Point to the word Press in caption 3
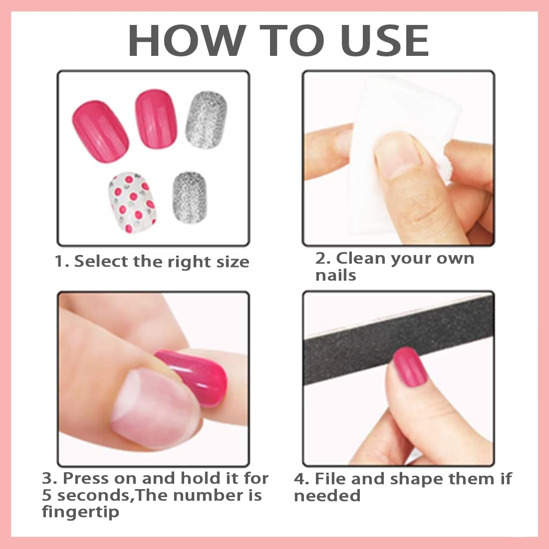pos(86,478)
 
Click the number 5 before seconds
pos(47,495)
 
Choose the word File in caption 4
pos(331,479)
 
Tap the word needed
pos(327,496)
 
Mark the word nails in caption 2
pos(335,275)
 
